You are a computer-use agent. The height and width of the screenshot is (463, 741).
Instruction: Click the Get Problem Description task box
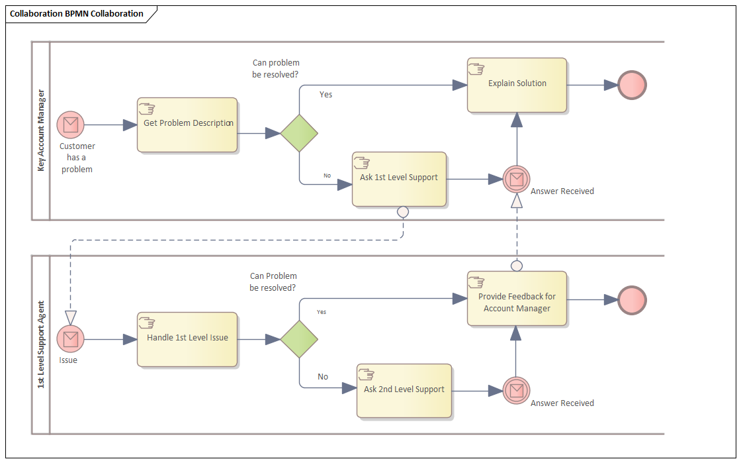pyautogui.click(x=187, y=125)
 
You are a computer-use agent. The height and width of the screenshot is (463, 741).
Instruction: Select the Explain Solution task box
pyautogui.click(x=517, y=85)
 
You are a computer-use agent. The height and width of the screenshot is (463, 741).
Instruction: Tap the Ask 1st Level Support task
pyautogui.click(x=399, y=179)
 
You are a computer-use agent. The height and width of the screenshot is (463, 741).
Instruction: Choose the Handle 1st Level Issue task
pyautogui.click(x=187, y=338)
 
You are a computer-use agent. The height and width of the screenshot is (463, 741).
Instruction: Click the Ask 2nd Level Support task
pyautogui.click(x=404, y=391)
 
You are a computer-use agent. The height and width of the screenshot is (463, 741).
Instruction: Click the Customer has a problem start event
pyautogui.click(x=70, y=125)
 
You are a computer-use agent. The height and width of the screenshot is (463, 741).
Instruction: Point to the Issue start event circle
pyautogui.click(x=70, y=338)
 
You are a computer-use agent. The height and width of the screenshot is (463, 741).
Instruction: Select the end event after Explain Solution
pyautogui.click(x=632, y=85)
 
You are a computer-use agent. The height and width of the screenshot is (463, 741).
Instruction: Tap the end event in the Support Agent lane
pyautogui.click(x=632, y=299)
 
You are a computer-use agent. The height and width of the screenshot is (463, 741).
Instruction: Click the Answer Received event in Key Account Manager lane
pyautogui.click(x=516, y=178)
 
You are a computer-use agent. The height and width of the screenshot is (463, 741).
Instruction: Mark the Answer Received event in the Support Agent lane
pyautogui.click(x=516, y=390)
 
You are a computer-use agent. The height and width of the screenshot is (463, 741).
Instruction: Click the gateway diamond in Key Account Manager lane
pyautogui.click(x=299, y=132)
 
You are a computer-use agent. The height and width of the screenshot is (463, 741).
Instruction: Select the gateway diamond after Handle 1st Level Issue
pyautogui.click(x=299, y=338)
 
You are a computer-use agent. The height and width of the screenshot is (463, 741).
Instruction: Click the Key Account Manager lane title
pyautogui.click(x=41, y=130)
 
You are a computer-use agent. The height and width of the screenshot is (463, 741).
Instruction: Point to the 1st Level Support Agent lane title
pyautogui.click(x=41, y=344)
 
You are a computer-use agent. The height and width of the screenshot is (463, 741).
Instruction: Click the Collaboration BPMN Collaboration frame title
pyautogui.click(x=77, y=13)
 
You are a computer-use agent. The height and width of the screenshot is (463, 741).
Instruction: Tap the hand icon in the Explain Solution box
pyautogui.click(x=476, y=68)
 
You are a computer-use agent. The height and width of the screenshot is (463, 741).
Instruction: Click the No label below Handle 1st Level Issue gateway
pyautogui.click(x=323, y=376)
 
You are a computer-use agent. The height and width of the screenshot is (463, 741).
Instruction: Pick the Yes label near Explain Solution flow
pyautogui.click(x=326, y=95)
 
